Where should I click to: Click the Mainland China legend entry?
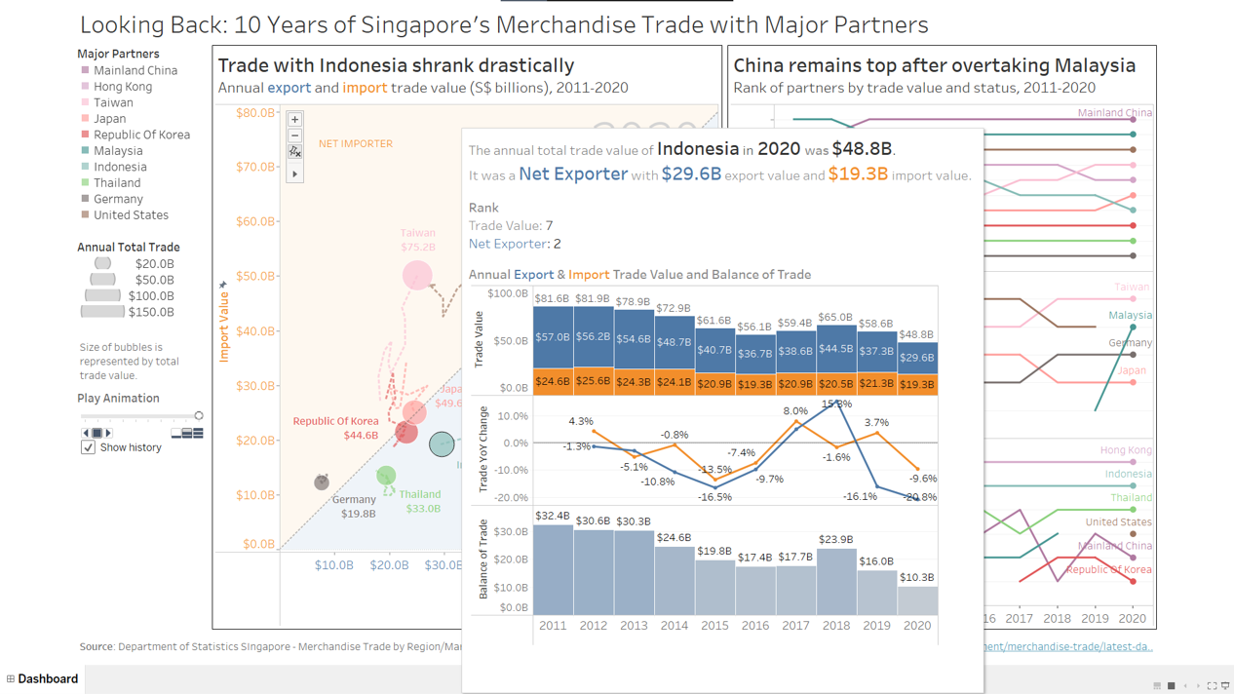[135, 70]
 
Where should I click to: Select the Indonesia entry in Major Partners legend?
[120, 167]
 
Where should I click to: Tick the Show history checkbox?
[88, 447]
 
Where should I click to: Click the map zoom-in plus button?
[294, 119]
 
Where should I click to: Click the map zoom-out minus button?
[294, 135]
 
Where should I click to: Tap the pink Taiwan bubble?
[417, 275]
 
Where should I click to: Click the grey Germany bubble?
[322, 482]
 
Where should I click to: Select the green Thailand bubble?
[386, 476]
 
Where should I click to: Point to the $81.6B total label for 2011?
[553, 298]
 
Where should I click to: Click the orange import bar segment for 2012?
[593, 381]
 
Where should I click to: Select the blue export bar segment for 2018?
[836, 349]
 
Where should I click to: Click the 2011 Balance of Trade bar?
[553, 570]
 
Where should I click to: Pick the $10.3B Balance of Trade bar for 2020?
[917, 601]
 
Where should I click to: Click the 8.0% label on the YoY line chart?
[795, 411]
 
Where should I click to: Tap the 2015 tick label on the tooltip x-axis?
[714, 626]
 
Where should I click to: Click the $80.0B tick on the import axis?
[255, 113]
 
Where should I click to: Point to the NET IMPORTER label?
[356, 143]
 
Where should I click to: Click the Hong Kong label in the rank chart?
[1125, 450]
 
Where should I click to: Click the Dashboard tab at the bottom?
[47, 678]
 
